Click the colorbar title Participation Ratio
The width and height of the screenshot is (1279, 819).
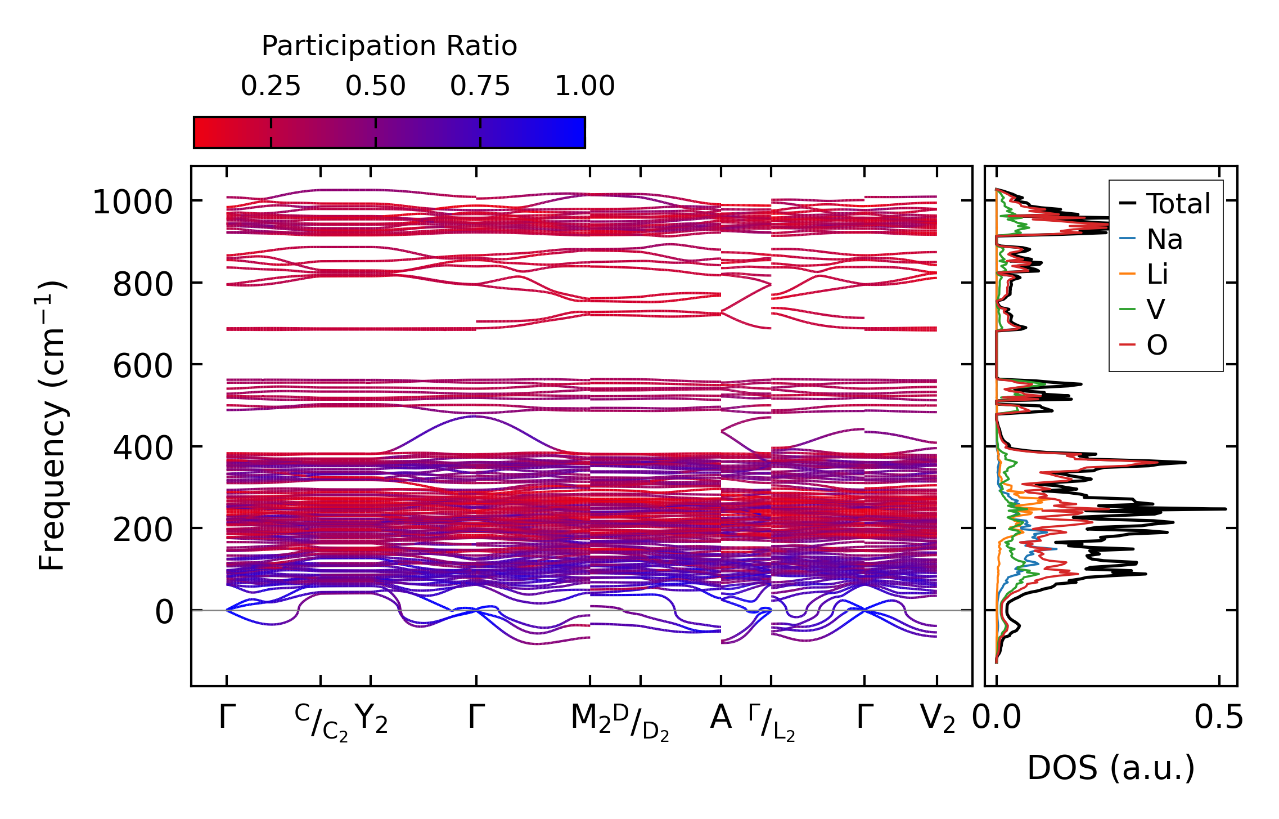click(x=389, y=46)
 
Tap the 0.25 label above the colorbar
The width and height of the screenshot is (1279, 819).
click(x=271, y=87)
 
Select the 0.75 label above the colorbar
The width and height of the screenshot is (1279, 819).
click(x=480, y=87)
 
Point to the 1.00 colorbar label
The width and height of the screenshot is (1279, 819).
click(x=584, y=87)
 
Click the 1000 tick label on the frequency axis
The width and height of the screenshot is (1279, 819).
click(x=133, y=203)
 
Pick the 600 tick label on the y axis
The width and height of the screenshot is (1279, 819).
click(x=143, y=366)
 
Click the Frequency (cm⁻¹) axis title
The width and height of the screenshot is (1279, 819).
click(x=52, y=426)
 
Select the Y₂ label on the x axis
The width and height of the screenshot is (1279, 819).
click(x=371, y=719)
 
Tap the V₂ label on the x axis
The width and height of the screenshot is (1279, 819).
click(x=937, y=719)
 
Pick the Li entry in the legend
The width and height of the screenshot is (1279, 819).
click(x=1158, y=275)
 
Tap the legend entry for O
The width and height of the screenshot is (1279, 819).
click(x=1157, y=345)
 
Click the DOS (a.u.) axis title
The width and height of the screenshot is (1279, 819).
click(x=1111, y=768)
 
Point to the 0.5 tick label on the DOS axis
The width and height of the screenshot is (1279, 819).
click(x=1219, y=718)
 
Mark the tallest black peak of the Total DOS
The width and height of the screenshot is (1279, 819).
click(x=1224, y=509)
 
